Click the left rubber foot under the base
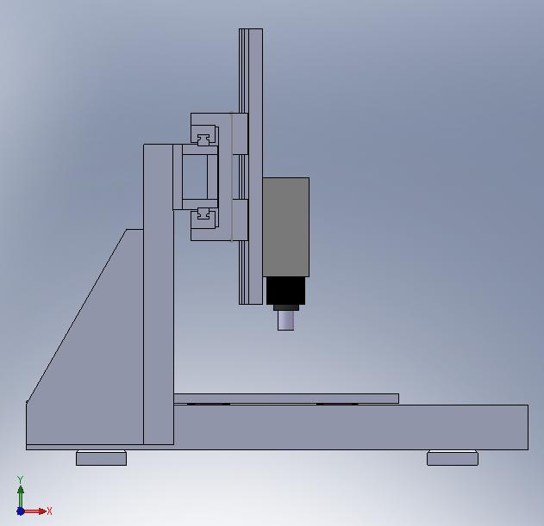click(x=102, y=458)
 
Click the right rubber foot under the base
click(x=453, y=458)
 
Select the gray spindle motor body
click(x=286, y=227)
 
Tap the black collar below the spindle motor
click(x=286, y=291)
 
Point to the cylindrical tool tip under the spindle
click(x=286, y=320)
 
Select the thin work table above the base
click(x=286, y=399)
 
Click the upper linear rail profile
click(x=203, y=139)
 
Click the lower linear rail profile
click(x=203, y=213)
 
